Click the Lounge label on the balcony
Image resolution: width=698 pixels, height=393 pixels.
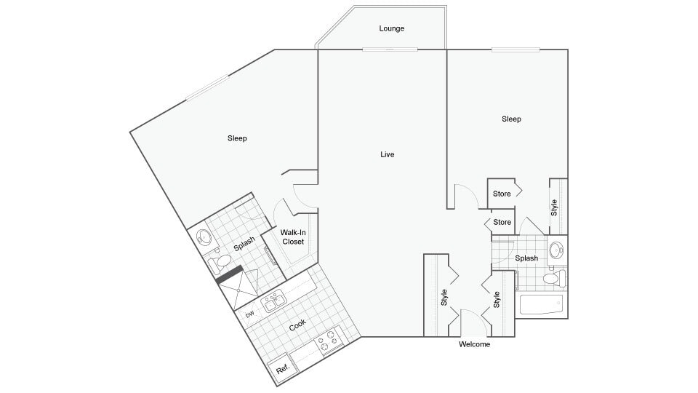(391, 29)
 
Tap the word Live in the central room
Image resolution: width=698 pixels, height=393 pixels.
(387, 154)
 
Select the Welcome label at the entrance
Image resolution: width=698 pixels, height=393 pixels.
(474, 344)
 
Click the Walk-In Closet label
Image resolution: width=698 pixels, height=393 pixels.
(293, 237)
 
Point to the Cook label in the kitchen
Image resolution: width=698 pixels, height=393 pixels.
(297, 325)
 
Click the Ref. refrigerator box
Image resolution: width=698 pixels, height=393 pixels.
(283, 368)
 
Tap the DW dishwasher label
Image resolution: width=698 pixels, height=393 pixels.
(249, 314)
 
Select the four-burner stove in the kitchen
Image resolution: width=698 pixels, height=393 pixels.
(329, 339)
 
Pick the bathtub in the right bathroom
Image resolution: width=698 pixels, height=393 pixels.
(542, 305)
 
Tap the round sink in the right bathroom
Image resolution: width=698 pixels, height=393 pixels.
(557, 250)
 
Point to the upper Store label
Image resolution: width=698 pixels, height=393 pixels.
(502, 194)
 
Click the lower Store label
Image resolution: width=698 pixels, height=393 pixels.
(502, 222)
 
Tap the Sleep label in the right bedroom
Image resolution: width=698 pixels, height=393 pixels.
(511, 119)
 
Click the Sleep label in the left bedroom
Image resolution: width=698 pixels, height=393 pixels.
(237, 138)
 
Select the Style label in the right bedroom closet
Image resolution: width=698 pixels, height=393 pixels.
(554, 207)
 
